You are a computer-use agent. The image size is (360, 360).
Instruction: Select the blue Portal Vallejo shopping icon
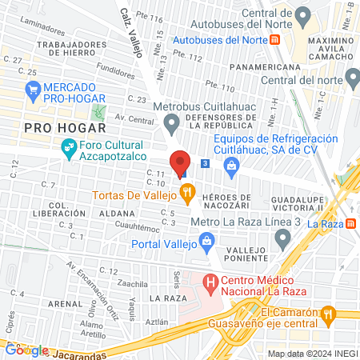(x=207, y=240)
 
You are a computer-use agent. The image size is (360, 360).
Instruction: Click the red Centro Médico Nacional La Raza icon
(x=210, y=282)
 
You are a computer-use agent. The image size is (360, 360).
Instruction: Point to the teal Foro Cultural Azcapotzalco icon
(x=68, y=147)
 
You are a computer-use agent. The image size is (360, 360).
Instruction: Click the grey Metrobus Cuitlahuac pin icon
(x=170, y=122)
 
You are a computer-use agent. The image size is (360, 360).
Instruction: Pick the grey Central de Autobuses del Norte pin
(x=302, y=14)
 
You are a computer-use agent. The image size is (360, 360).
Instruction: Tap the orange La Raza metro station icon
(x=350, y=224)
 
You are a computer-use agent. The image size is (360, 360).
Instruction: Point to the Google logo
(x=27, y=350)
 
